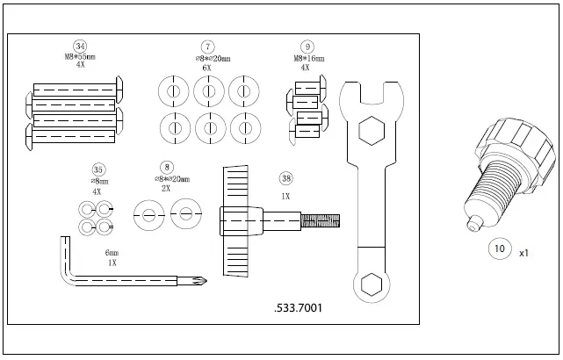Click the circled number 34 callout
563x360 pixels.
pyautogui.click(x=80, y=46)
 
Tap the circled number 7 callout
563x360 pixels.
pyautogui.click(x=207, y=46)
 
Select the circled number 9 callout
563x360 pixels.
pyautogui.click(x=307, y=46)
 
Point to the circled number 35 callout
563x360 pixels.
pyautogui.click(x=97, y=169)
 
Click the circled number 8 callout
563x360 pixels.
pyautogui.click(x=168, y=166)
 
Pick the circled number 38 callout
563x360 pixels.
pyautogui.click(x=285, y=179)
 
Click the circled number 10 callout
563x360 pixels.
pyautogui.click(x=499, y=249)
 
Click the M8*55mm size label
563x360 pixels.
pyautogui.click(x=80, y=57)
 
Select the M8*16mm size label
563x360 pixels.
pyautogui.click(x=306, y=57)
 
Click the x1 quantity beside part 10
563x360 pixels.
pyautogui.click(x=524, y=253)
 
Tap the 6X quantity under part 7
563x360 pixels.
pyautogui.click(x=207, y=67)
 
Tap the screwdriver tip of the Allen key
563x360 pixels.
pyautogui.click(x=200, y=282)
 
